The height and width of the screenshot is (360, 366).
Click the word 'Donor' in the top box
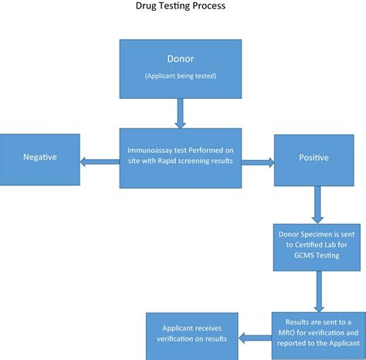coord(181,58)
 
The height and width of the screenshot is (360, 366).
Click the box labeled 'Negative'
coord(39,158)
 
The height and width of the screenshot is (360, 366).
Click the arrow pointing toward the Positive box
coord(258,161)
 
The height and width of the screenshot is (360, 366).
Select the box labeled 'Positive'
coord(313,158)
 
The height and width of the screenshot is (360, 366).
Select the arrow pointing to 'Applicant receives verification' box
coord(254,337)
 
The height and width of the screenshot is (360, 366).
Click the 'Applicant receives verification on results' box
coord(191,333)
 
